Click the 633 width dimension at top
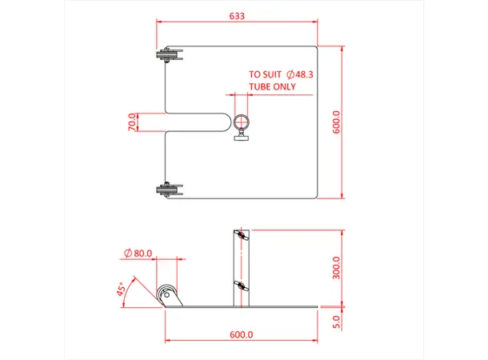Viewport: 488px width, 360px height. click(236, 15)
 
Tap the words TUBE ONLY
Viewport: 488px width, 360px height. click(272, 87)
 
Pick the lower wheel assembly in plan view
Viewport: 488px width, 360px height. click(170, 190)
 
